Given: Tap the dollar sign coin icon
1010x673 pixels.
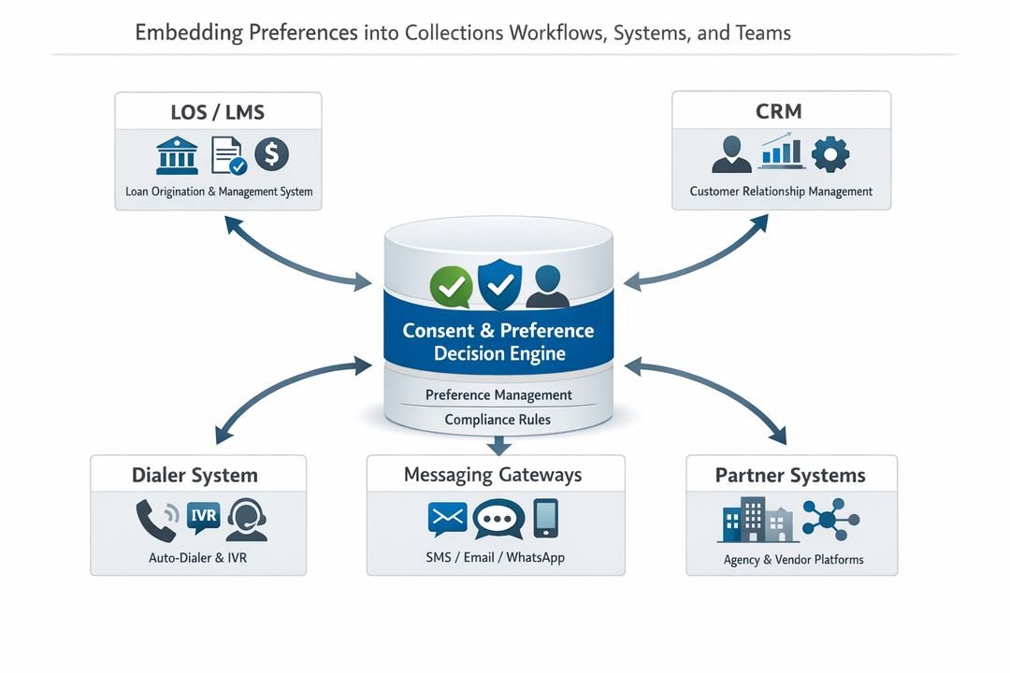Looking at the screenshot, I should coord(271,154).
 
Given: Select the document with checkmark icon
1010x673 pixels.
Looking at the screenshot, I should coord(227,155).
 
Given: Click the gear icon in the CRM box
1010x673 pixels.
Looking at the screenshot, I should coord(830,154).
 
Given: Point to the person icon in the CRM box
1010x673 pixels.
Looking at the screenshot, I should coord(731,154).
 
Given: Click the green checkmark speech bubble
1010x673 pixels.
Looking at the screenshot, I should coord(448,287).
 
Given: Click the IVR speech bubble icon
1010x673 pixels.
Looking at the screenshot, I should coord(203,517).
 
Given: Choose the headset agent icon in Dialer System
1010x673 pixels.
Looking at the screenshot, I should coord(247,519).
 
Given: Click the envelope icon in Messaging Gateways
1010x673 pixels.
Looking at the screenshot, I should coord(446,519).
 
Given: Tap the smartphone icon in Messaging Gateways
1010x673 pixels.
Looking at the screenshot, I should coord(546,518).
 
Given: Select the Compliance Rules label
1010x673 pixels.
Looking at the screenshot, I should coord(498,420).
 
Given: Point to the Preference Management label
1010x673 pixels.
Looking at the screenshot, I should coord(498,394).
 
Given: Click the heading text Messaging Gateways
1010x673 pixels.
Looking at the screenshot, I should coord(493,475).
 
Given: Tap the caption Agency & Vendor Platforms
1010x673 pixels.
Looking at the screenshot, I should coord(793,560).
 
